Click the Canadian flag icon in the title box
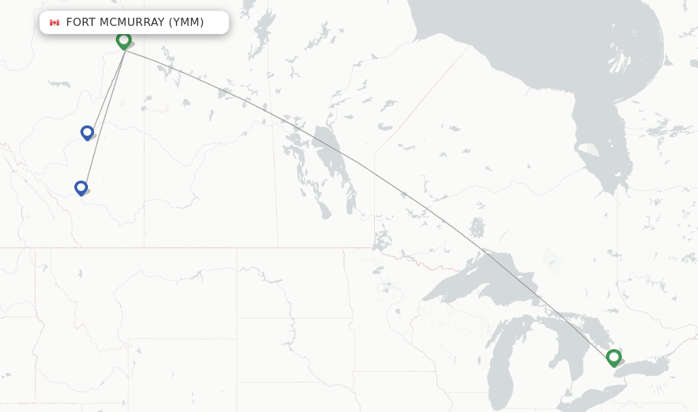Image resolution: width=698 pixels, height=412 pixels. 55,23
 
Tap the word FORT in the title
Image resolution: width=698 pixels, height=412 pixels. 80,23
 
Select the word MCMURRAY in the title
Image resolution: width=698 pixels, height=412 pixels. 132,23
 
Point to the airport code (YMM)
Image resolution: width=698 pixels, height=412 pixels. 187,23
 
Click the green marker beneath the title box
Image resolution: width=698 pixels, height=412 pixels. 123,40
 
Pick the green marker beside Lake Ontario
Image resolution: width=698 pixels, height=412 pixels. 613,357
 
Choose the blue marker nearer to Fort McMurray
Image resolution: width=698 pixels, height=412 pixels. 87,132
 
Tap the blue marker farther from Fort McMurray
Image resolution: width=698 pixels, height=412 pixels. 81,188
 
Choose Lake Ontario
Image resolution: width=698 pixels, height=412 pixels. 644,368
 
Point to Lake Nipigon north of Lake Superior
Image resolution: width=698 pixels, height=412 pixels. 477,226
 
